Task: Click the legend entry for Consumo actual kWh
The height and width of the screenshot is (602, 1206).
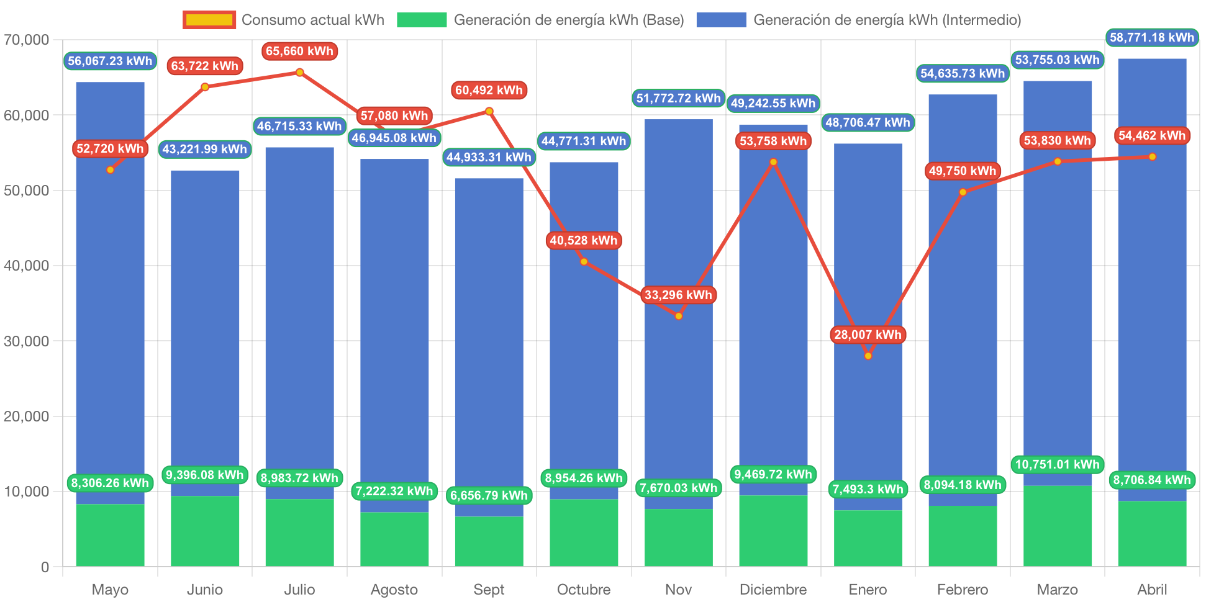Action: [x=283, y=20]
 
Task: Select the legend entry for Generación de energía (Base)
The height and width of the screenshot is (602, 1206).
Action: [x=540, y=20]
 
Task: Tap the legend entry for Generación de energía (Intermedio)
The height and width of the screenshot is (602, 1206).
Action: [x=858, y=20]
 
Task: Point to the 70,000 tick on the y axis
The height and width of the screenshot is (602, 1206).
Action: [x=26, y=40]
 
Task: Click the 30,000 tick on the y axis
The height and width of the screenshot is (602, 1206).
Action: [x=26, y=341]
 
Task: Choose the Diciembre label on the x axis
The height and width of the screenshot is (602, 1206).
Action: [x=773, y=589]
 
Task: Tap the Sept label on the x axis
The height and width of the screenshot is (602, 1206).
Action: [x=489, y=589]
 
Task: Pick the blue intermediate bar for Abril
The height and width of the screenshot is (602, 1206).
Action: [x=1152, y=279]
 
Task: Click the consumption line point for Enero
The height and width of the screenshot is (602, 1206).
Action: [x=868, y=356]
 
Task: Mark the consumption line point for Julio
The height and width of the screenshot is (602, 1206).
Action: [x=299, y=72]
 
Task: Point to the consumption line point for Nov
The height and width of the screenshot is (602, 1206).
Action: [x=679, y=316]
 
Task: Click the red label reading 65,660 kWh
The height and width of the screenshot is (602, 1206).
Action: [x=299, y=51]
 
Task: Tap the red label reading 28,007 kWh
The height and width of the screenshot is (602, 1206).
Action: [x=868, y=335]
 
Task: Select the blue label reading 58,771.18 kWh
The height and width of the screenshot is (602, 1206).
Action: [x=1152, y=37]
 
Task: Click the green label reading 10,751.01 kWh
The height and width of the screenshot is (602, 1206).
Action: [x=1057, y=464]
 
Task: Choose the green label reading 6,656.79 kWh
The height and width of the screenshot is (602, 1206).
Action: [x=489, y=495]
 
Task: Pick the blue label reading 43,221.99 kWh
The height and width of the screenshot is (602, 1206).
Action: [x=205, y=149]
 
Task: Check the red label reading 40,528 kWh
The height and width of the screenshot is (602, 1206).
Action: [x=584, y=240]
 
